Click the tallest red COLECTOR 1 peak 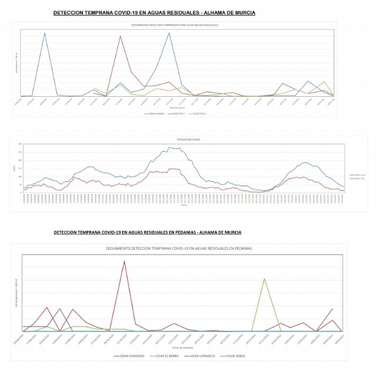pyautogui.click(x=120, y=36)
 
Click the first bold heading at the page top pyautogui.click(x=155, y=12)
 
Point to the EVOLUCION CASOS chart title pyautogui.click(x=186, y=140)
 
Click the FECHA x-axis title pyautogui.click(x=184, y=205)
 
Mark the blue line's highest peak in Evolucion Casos pyautogui.click(x=174, y=148)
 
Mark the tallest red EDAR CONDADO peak pyautogui.click(x=124, y=261)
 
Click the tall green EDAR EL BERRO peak pyautogui.click(x=265, y=278)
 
